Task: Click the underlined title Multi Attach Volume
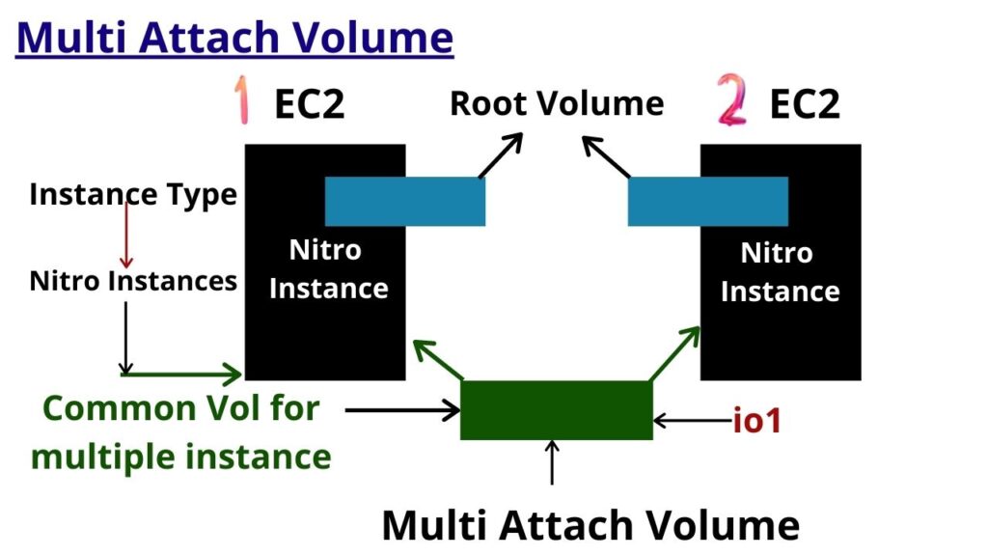click(235, 39)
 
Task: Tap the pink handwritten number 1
click(240, 103)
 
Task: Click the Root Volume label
click(557, 103)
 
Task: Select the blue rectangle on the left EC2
click(404, 202)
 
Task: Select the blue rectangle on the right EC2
click(707, 202)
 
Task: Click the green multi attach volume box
click(556, 410)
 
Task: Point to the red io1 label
click(758, 421)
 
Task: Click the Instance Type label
click(133, 194)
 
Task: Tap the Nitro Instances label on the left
click(133, 281)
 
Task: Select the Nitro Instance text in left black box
click(328, 269)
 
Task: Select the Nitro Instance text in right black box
click(779, 272)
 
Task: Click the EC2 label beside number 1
click(309, 105)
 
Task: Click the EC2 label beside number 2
click(805, 105)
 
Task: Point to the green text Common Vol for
click(181, 407)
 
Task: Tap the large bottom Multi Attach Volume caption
click(590, 525)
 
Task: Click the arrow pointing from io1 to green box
click(691, 421)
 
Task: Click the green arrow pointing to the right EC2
click(675, 352)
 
